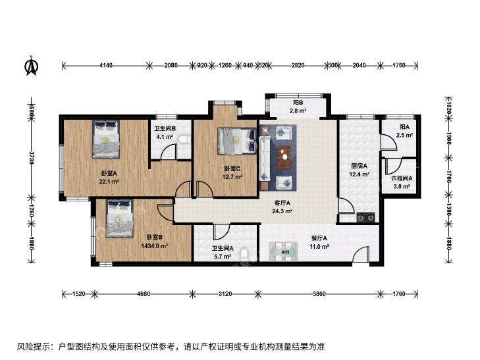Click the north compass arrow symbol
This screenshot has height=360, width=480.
31,65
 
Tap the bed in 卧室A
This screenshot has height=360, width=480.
106,139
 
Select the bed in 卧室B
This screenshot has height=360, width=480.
120,219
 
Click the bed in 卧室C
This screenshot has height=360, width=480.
236,141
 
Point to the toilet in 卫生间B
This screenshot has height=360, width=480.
184,139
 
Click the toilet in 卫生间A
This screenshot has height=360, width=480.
244,255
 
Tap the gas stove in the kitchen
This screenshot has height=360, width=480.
365,217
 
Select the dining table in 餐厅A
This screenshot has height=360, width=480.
283,251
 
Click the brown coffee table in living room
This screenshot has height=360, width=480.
284,157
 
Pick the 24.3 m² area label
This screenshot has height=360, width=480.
282,211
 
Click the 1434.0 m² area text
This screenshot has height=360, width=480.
154,246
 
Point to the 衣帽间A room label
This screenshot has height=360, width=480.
402,178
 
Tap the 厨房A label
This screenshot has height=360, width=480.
359,166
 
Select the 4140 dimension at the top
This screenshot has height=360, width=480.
106,65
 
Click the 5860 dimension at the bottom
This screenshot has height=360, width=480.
319,294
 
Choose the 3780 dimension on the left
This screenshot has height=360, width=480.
31,157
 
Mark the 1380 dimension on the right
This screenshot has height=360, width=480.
449,209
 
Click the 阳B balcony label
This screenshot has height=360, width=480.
298,103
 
